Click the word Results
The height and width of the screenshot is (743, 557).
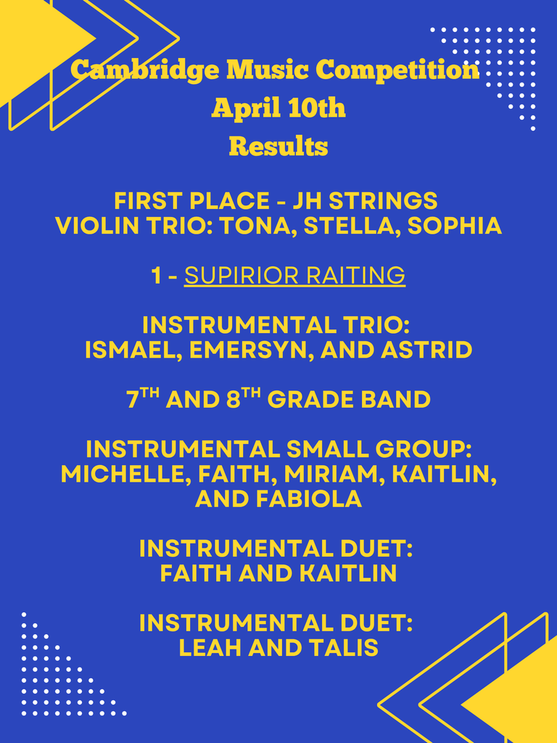(x=278, y=147)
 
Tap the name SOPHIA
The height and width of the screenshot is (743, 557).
(x=454, y=226)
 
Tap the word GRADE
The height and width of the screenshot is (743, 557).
(x=312, y=400)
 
